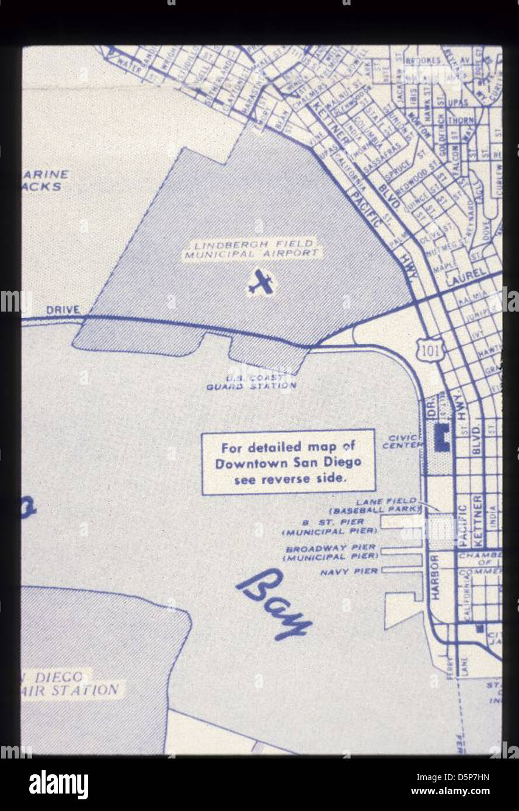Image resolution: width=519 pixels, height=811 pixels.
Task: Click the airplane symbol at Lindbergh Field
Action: tap(260, 282)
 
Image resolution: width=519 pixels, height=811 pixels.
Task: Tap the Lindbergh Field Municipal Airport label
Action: tap(252, 249)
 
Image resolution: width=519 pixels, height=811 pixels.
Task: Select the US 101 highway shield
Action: tap(429, 350)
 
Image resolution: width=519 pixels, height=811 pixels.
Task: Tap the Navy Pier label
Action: tap(349, 572)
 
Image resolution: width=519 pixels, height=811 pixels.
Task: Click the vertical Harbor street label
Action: tap(435, 578)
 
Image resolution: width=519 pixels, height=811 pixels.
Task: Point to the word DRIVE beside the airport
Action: tap(63, 310)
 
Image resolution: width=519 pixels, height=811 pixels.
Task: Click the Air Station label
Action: tap(76, 690)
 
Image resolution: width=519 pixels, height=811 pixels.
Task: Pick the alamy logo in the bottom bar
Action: tap(58, 784)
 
